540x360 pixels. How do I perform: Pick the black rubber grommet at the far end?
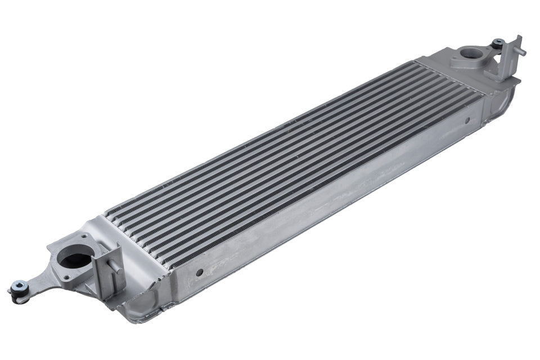click(x=497, y=43)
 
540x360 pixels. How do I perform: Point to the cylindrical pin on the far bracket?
click(x=521, y=52)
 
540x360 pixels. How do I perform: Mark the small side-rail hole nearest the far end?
click(x=466, y=120)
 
